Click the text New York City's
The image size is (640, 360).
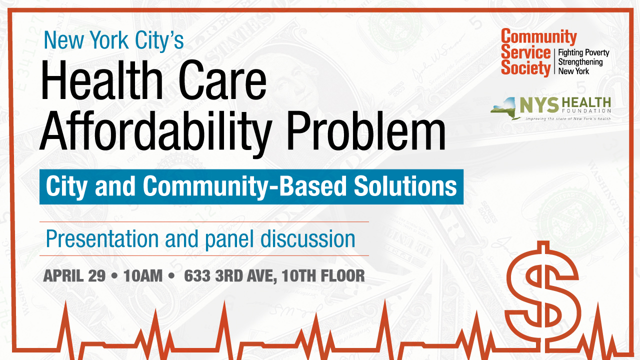113,40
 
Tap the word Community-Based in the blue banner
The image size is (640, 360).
245,186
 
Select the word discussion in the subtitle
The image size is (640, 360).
308,239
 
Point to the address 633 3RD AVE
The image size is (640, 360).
230,275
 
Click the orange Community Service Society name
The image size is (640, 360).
526,52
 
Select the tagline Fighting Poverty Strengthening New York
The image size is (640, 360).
583,61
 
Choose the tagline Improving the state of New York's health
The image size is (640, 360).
567,119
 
